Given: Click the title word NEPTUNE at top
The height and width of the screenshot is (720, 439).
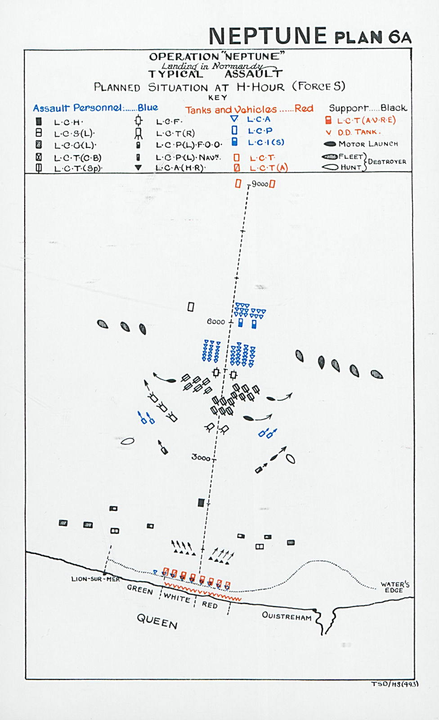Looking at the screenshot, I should coord(268,36).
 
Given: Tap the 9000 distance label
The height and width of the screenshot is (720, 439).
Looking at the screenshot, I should coord(260,184).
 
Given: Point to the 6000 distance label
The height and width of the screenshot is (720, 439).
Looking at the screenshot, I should coord(216,322).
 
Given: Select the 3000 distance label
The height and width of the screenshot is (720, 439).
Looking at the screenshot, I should coord(201,458).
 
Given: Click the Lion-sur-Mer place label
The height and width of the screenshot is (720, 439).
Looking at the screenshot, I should coord(95,579).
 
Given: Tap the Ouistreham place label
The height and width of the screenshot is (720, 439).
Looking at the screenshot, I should coord(287,616).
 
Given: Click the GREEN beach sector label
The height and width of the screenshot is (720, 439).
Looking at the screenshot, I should coord(140,589).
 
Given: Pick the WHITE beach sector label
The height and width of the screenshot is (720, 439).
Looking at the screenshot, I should coord(177,598).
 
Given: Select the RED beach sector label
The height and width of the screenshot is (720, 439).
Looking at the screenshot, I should coord(210,605).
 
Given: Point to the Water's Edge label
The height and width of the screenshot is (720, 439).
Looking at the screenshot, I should coord(395,587).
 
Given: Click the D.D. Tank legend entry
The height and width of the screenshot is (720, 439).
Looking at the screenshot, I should coord(358,132).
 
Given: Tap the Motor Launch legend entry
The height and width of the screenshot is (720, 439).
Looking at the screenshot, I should coord(368,144).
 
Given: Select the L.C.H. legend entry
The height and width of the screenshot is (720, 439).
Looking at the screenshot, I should coord(68,122).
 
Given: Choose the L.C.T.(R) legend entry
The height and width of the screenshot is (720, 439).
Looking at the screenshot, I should coord(175,134).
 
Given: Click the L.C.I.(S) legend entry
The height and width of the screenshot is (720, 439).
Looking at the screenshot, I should coord(266,142).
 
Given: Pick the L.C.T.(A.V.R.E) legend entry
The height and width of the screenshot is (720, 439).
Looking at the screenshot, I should coord(366,120).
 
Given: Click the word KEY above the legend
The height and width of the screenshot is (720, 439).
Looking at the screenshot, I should coord(218,98).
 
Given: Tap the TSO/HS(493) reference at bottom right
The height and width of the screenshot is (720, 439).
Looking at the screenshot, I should coord(394,684).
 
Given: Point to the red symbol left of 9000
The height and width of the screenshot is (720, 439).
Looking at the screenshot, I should coord(238,184).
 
